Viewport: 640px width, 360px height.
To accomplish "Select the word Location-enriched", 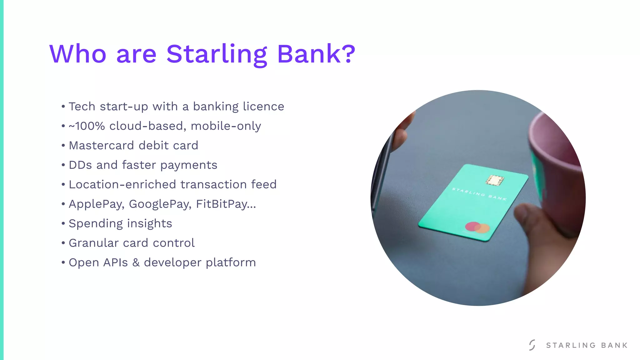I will (122, 185).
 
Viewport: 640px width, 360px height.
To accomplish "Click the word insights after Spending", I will (149, 224).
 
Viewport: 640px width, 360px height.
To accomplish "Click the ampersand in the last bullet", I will (136, 262).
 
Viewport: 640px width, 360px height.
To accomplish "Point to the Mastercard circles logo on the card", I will (477, 227).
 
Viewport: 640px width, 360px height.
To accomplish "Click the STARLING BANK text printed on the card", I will (479, 194).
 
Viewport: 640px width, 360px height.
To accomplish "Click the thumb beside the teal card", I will (528, 219).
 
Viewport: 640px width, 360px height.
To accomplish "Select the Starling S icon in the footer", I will (532, 345).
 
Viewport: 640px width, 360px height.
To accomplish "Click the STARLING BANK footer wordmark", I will (587, 345).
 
